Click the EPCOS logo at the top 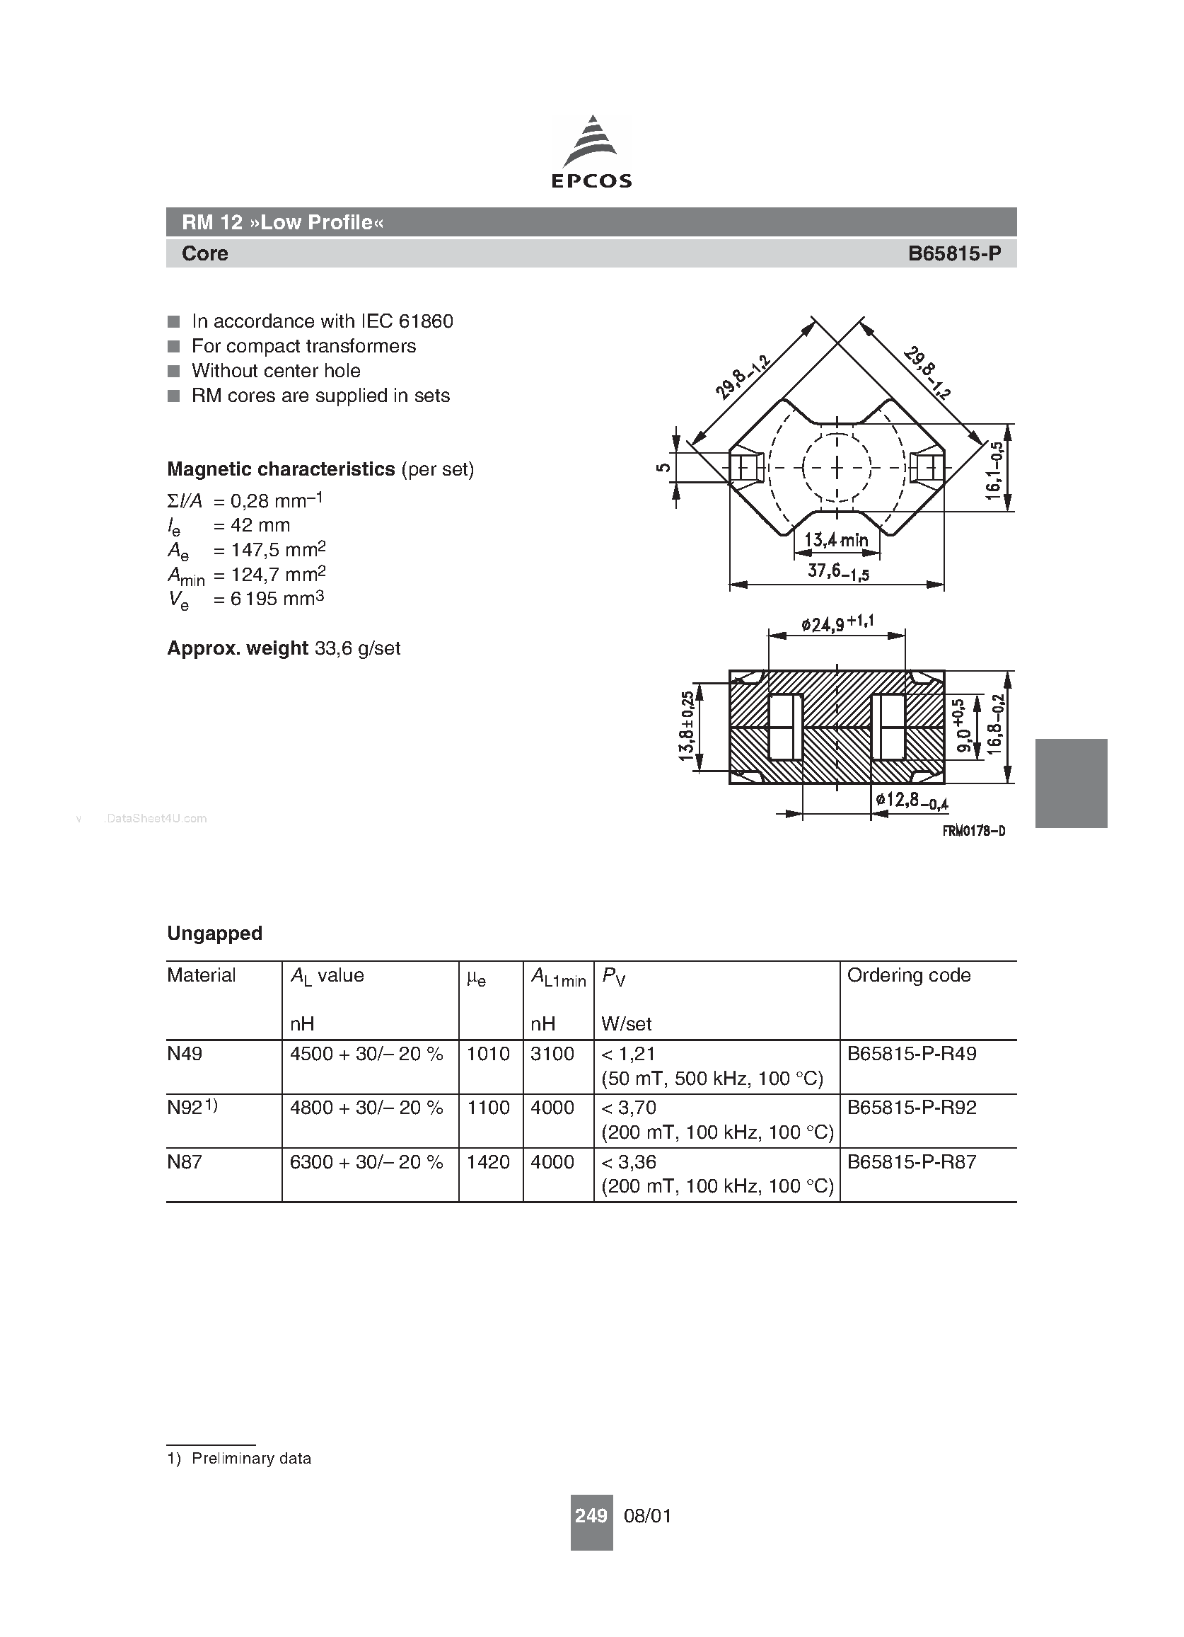click(x=591, y=152)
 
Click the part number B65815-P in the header click(x=954, y=253)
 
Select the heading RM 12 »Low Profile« click(x=282, y=222)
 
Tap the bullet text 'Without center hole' click(x=276, y=371)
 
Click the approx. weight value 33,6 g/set click(x=357, y=648)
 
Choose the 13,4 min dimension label click(x=836, y=540)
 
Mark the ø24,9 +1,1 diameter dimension click(x=837, y=623)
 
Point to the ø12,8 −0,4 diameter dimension click(x=912, y=800)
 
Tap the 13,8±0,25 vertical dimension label click(x=686, y=725)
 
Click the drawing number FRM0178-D click(x=973, y=831)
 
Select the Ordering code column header click(x=908, y=975)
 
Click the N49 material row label click(x=185, y=1054)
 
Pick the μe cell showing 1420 click(x=489, y=1162)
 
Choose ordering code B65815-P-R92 click(x=911, y=1108)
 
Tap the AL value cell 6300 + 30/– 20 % click(x=366, y=1162)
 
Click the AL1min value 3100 click(x=552, y=1054)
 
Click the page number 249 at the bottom click(x=591, y=1516)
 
